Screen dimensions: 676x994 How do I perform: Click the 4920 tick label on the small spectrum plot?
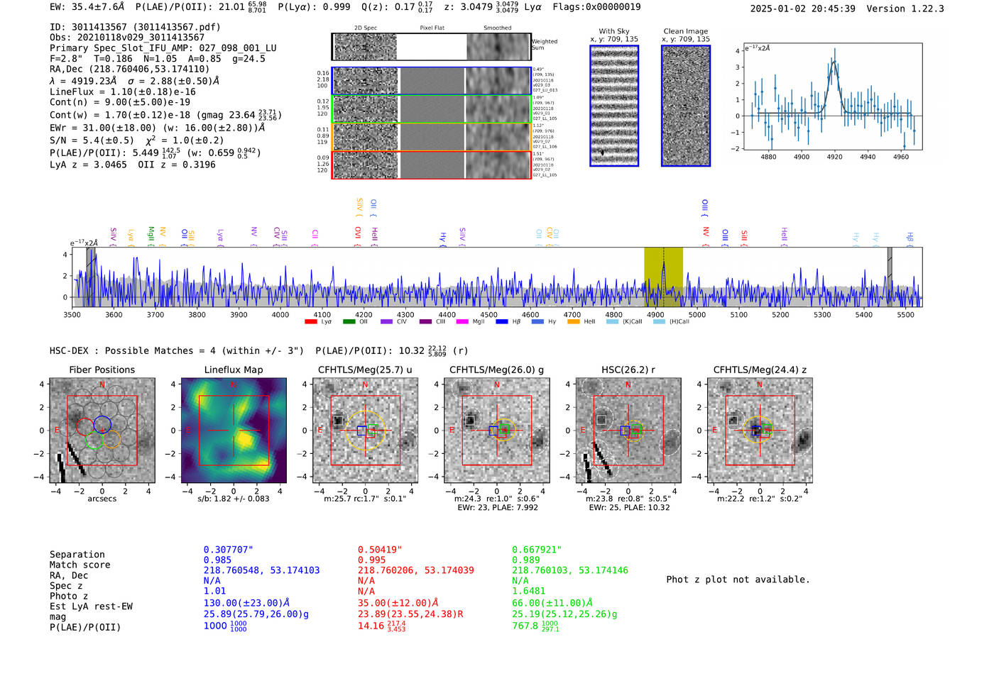834,157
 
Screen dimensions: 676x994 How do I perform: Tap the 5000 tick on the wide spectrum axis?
697,314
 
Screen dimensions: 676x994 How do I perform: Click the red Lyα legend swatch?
310,321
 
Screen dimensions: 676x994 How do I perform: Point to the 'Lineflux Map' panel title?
233,370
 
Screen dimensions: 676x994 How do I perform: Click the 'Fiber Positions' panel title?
102,370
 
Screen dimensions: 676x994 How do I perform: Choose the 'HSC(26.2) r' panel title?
628,370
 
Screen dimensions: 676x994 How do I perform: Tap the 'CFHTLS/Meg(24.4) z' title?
759,370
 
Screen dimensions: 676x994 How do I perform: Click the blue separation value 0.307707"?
228,550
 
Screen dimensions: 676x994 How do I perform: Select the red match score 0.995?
372,560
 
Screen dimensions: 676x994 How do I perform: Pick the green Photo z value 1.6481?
529,591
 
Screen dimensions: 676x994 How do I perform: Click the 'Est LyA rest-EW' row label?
91,606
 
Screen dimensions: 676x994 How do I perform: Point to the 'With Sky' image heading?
613,31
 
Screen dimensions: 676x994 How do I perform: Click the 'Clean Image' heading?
685,31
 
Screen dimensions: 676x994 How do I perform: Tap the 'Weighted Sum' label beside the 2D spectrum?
544,45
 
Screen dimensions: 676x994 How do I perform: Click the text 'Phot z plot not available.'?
738,580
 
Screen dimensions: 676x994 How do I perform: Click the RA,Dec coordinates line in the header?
129,70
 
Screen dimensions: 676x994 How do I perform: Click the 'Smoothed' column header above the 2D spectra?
497,28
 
